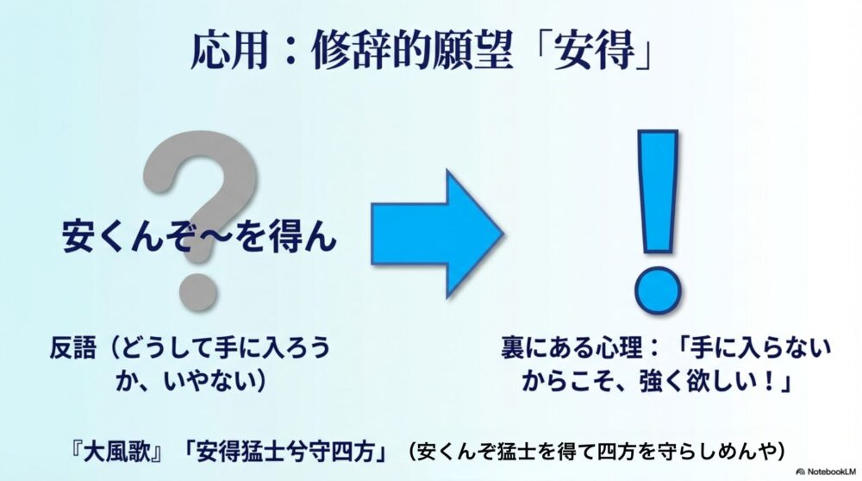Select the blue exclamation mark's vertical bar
[x=657, y=194]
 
